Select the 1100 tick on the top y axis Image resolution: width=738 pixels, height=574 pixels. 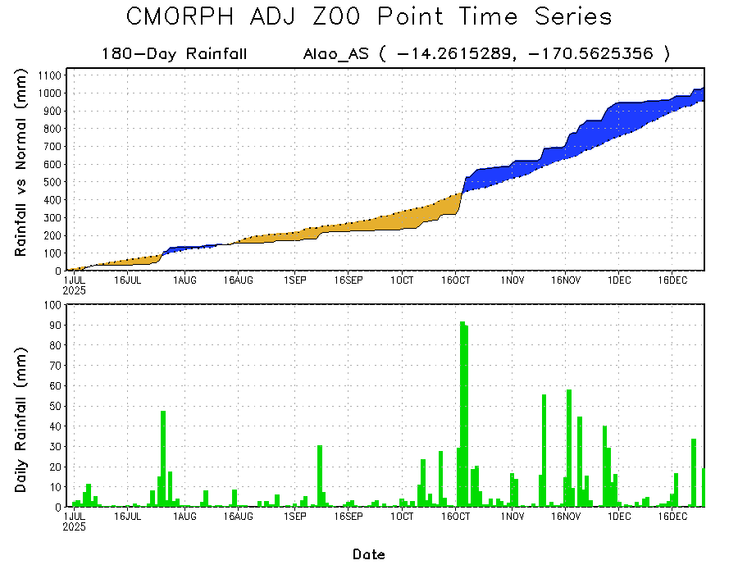[49, 75]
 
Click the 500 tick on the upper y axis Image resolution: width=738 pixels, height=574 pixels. [52, 182]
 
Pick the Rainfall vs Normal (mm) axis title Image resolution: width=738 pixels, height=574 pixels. [22, 164]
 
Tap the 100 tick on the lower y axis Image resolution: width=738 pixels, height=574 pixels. [52, 304]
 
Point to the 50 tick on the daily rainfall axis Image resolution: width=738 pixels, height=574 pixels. [54, 406]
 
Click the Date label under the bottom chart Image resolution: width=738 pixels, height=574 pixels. [369, 554]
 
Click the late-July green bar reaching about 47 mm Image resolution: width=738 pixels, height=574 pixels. [163, 458]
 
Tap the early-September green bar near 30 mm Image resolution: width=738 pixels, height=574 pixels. [320, 476]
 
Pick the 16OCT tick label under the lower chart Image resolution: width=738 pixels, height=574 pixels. [456, 517]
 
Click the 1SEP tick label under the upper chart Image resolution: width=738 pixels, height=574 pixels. [294, 280]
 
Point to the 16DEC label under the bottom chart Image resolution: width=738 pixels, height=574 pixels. [672, 517]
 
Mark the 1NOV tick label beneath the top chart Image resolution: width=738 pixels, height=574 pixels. [512, 280]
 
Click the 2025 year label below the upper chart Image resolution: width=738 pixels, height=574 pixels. [75, 289]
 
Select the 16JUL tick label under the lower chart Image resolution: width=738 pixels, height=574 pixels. [128, 517]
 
